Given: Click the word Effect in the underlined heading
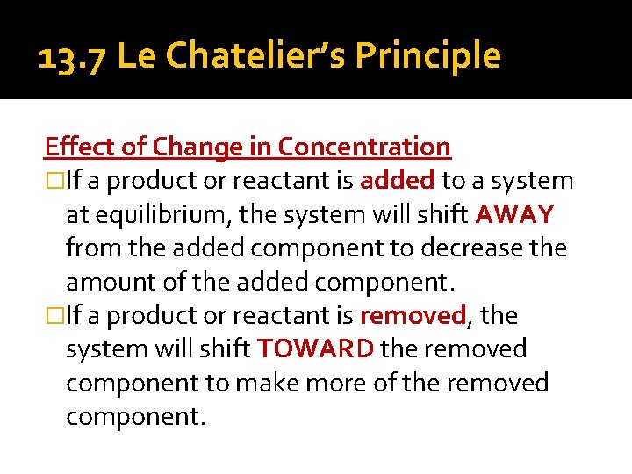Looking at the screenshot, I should pos(75,147).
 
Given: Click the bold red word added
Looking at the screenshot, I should pos(398,181).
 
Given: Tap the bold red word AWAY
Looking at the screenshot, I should pos(515,215).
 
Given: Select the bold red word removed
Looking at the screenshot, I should pos(413,315).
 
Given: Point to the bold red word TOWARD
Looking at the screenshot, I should pos(316,349).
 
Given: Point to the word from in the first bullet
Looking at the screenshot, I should pos(94,248).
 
